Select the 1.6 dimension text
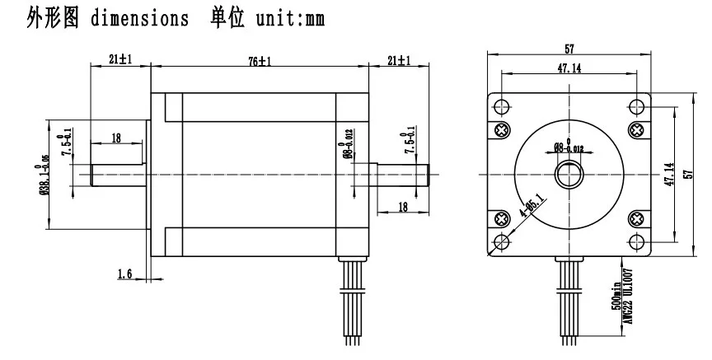124,274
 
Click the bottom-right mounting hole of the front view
638,241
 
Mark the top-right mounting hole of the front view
638,105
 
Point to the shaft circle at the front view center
569,174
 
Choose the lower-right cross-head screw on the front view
638,218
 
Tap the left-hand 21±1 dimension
120,60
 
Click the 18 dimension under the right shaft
402,207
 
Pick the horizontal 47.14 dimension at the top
569,69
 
